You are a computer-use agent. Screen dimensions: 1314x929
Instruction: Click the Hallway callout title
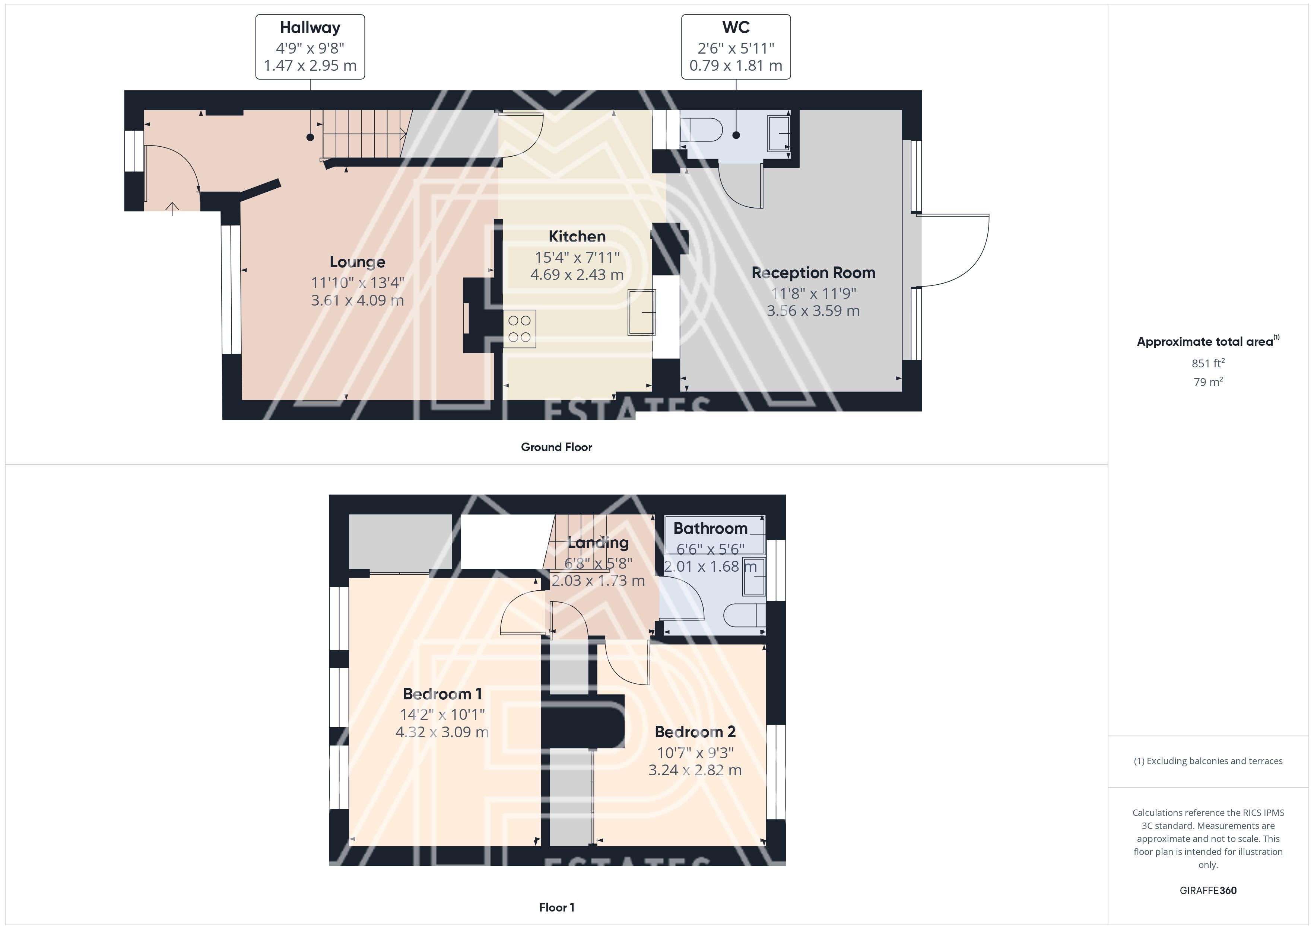coord(310,28)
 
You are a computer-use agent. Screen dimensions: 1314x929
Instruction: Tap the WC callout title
coord(736,28)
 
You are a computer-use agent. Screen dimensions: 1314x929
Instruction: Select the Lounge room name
coord(357,262)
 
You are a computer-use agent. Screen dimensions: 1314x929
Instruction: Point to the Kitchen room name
coord(577,236)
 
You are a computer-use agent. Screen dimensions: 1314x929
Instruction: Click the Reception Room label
coord(813,273)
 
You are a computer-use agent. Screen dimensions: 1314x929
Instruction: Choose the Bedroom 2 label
coord(695,732)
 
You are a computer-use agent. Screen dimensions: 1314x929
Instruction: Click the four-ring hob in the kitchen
coord(520,329)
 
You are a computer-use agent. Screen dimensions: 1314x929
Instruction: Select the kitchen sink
coord(642,312)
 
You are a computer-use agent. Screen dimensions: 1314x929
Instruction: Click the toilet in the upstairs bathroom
coord(745,616)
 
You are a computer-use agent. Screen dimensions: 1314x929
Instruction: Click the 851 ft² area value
coord(1208,363)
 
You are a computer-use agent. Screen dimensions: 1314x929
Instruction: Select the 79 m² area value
coord(1208,382)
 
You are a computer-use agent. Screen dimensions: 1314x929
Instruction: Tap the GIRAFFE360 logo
coord(1208,891)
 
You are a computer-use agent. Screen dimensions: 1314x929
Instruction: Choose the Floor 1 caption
coord(556,907)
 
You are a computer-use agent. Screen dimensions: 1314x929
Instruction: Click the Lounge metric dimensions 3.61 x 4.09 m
coord(357,300)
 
